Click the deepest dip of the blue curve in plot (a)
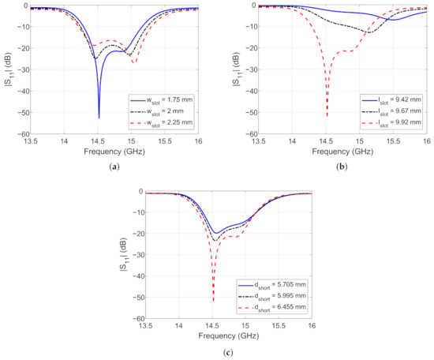pyautogui.click(x=99, y=118)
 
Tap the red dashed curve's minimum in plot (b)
pyautogui.click(x=327, y=117)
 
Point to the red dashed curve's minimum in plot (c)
pyautogui.click(x=213, y=301)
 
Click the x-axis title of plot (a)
pyautogui.click(x=107, y=151)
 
